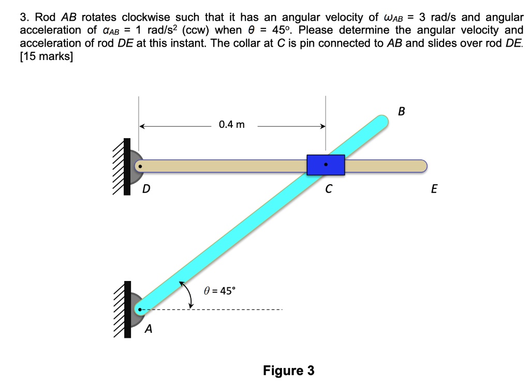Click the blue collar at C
click(326, 165)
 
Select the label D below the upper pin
click(146, 190)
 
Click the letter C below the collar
click(328, 190)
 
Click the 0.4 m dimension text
click(232, 125)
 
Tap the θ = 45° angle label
click(219, 290)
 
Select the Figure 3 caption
click(288, 371)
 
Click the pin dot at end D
click(139, 166)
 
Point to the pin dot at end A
click(139, 310)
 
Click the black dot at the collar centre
click(326, 165)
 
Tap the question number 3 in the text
click(23, 18)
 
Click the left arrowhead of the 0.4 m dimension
click(142, 125)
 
